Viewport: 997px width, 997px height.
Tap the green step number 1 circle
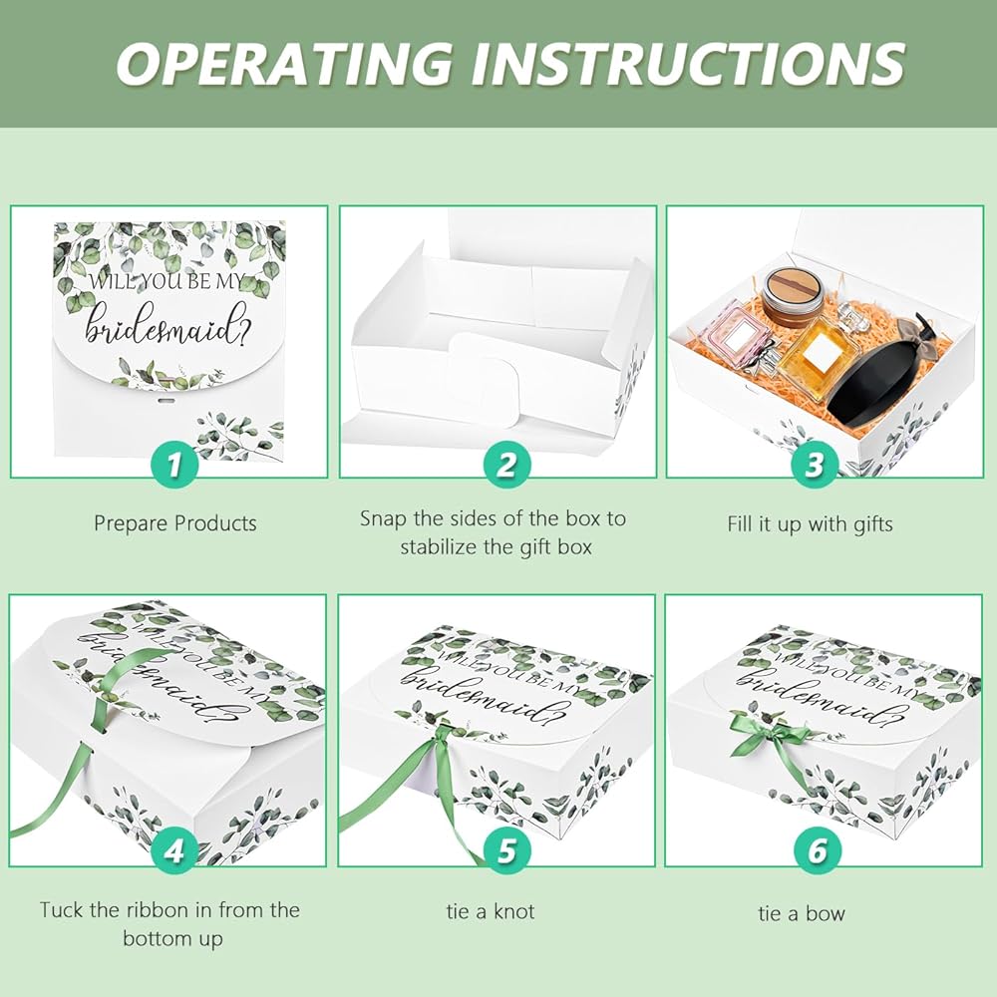[x=174, y=464]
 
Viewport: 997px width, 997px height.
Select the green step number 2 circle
[x=506, y=464]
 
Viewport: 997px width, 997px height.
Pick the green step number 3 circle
[x=815, y=464]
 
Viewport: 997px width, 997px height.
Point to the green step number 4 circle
[x=174, y=850]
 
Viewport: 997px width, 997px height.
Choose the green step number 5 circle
[x=506, y=850]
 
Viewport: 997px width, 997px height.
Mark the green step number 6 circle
[x=818, y=850]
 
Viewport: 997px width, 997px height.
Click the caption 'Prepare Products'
[x=175, y=524]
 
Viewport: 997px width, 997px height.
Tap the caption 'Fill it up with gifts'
[x=810, y=524]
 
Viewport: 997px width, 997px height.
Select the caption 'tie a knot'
[x=491, y=912]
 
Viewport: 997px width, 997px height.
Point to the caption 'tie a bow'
[x=802, y=913]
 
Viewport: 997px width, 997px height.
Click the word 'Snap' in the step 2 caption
[x=383, y=519]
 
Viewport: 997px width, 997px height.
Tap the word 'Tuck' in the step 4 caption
[x=61, y=910]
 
